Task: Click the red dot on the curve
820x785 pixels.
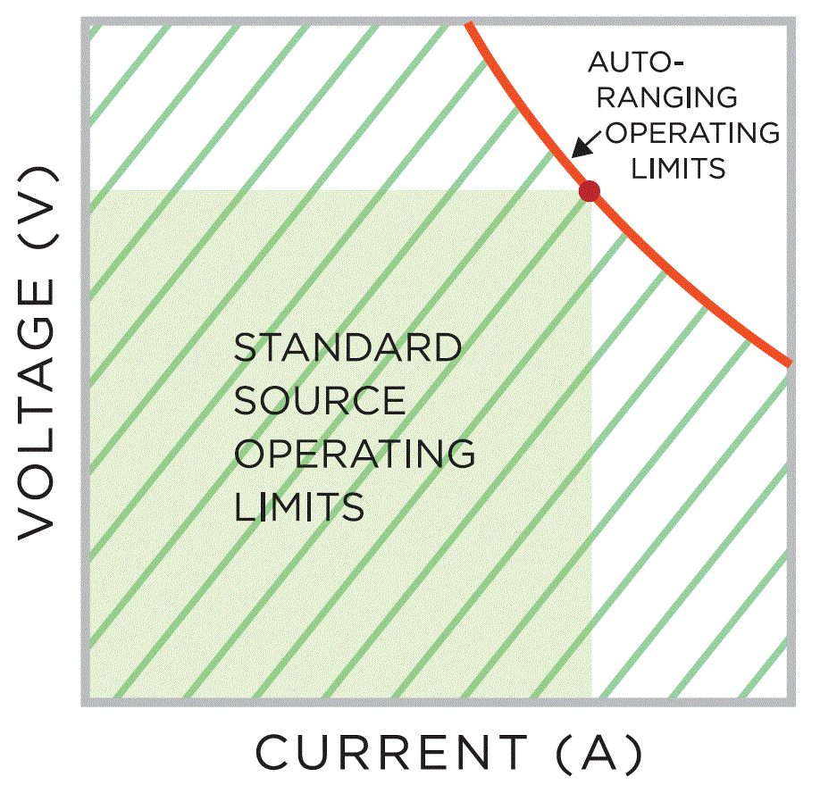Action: pos(589,190)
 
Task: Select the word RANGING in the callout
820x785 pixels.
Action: pos(662,97)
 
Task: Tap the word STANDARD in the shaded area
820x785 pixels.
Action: pos(347,348)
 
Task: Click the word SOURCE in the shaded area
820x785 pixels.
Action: pos(320,401)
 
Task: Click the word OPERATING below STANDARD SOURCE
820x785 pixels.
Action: pos(354,454)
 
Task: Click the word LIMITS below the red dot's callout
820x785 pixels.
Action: pos(677,168)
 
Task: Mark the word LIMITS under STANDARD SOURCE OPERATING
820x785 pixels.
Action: pos(299,506)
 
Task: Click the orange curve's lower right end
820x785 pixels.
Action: pos(789,363)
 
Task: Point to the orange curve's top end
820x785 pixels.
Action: pos(469,22)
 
